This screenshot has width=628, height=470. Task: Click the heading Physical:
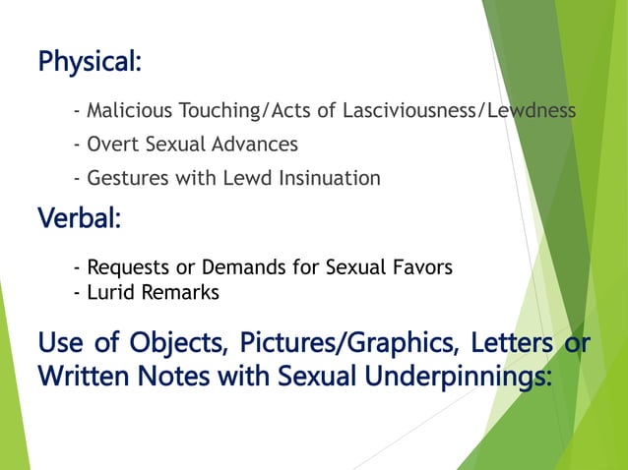point(90,62)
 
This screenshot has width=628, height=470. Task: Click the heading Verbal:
point(79,218)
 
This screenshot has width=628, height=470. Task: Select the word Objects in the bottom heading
point(158,346)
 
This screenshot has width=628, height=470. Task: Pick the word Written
point(82,377)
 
